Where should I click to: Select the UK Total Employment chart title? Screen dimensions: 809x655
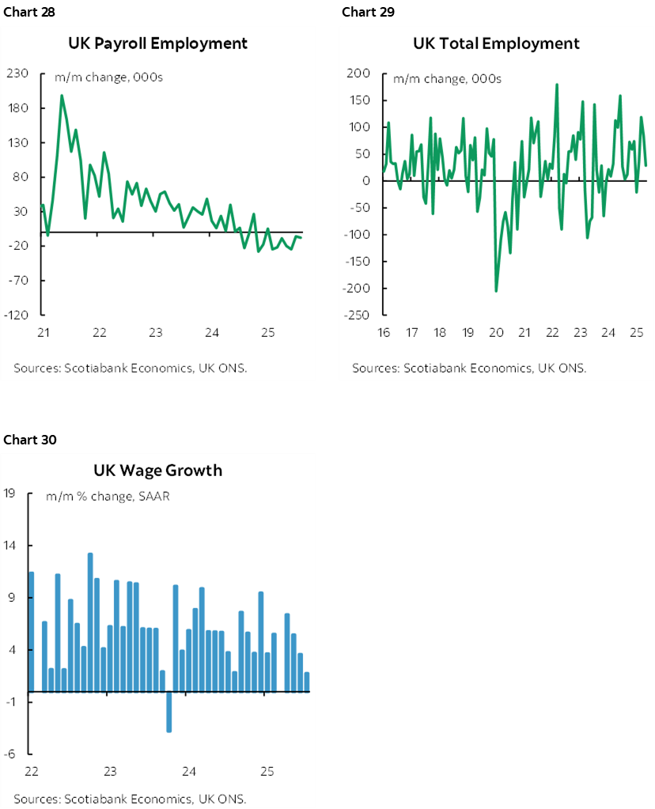pyautogui.click(x=496, y=43)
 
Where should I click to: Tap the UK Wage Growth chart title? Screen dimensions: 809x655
pyautogui.click(x=157, y=471)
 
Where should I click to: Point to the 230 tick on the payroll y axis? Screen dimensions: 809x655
pyautogui.click(x=18, y=74)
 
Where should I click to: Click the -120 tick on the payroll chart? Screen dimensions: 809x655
pyautogui.click(x=16, y=315)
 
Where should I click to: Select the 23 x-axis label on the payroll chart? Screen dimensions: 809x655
pyautogui.click(x=156, y=333)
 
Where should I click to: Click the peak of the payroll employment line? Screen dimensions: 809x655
pyautogui.click(x=62, y=96)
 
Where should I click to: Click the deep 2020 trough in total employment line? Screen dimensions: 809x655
pyautogui.click(x=496, y=291)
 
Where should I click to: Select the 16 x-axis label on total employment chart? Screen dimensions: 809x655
pyautogui.click(x=384, y=333)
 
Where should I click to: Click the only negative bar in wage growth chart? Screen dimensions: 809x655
pyautogui.click(x=168, y=712)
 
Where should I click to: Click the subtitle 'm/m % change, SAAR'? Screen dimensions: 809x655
pyautogui.click(x=108, y=497)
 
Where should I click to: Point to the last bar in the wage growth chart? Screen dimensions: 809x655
pyautogui.click(x=307, y=682)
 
